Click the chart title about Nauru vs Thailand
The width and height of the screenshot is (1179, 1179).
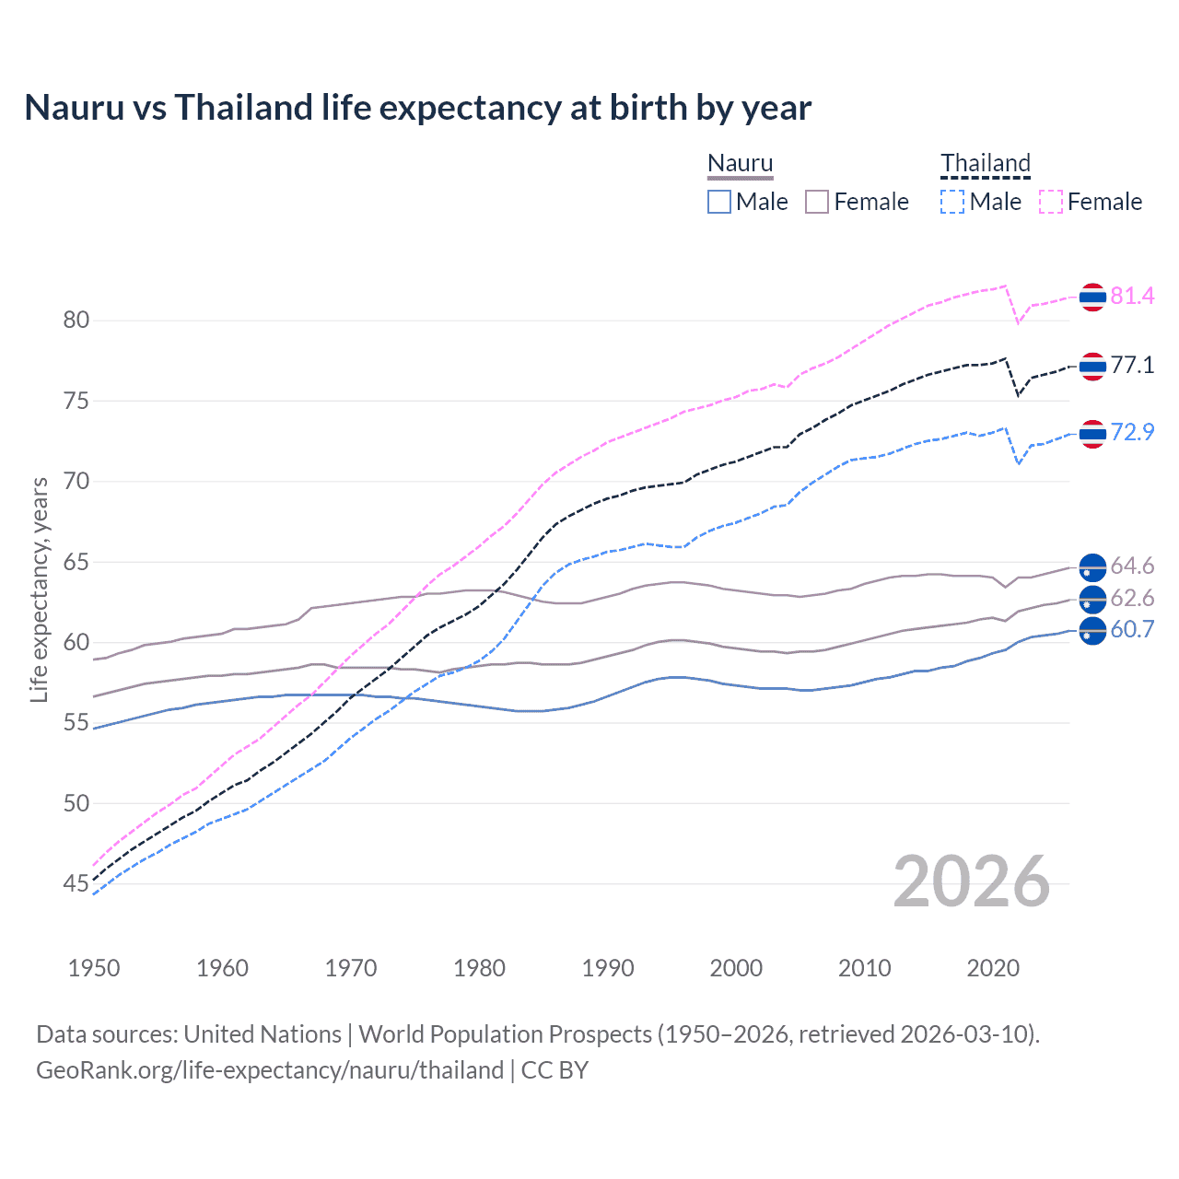[x=417, y=108]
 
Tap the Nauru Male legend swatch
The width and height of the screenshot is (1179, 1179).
[x=719, y=202]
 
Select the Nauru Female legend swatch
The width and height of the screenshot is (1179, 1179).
[x=817, y=202]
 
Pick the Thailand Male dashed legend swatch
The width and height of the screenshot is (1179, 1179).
[x=952, y=202]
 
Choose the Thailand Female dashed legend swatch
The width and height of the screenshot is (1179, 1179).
[x=1050, y=202]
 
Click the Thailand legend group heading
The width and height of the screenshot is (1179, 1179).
[x=985, y=164]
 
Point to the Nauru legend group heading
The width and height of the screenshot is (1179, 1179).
[x=740, y=164]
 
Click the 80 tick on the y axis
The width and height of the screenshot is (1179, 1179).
[x=76, y=321]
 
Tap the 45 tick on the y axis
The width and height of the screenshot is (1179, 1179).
[x=76, y=884]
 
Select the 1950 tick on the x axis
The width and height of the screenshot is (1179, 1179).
[x=94, y=968]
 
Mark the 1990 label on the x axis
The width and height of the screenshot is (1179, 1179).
[x=608, y=968]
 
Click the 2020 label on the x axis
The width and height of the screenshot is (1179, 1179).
[x=993, y=968]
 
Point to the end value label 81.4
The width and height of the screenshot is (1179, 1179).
[x=1132, y=296]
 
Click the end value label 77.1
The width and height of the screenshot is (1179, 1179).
[x=1132, y=366]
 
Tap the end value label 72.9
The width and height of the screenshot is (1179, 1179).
[x=1132, y=433]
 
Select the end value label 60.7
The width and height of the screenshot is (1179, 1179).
[x=1132, y=630]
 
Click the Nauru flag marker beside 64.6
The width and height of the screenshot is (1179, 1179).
[x=1092, y=566]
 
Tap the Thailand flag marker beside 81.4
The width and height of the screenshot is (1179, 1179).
[x=1092, y=297]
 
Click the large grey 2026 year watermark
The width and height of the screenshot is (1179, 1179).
[x=971, y=882]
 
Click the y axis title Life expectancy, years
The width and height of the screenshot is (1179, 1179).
[x=40, y=589]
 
